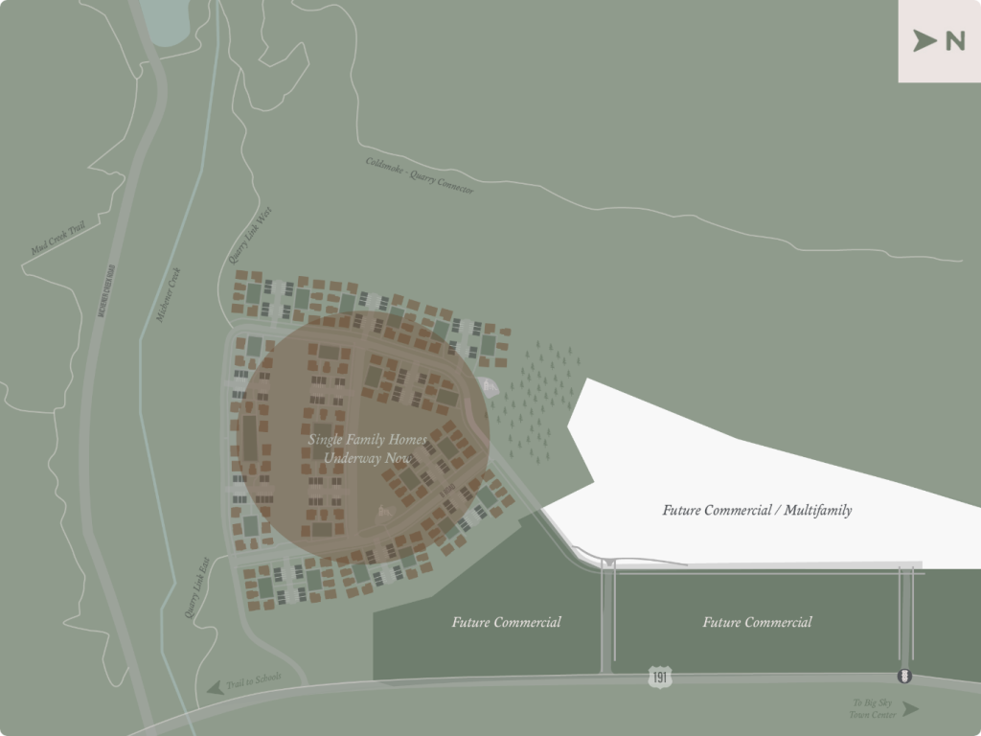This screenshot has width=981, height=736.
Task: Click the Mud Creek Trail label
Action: (x=58, y=239)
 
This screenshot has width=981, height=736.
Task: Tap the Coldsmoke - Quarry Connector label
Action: (x=420, y=175)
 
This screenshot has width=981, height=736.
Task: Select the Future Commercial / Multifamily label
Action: (x=757, y=510)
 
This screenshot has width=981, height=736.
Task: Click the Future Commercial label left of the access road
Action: (x=506, y=622)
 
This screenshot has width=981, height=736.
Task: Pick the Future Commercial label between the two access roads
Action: (x=757, y=622)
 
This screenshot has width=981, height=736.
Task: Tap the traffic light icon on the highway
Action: (x=903, y=677)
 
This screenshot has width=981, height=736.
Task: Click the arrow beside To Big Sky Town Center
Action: (x=910, y=709)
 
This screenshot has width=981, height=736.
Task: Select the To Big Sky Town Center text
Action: (x=872, y=708)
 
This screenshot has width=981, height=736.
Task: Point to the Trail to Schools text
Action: (x=254, y=680)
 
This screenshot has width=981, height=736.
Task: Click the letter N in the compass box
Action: (x=954, y=41)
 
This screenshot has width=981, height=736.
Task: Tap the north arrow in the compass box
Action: (x=924, y=41)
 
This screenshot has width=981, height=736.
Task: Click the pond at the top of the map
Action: (x=166, y=21)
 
